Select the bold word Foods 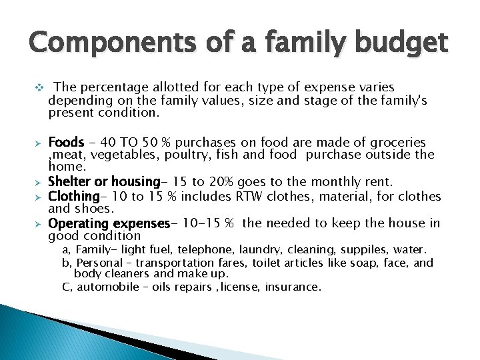click(66, 143)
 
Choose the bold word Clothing click(73, 196)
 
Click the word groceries click(396, 143)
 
